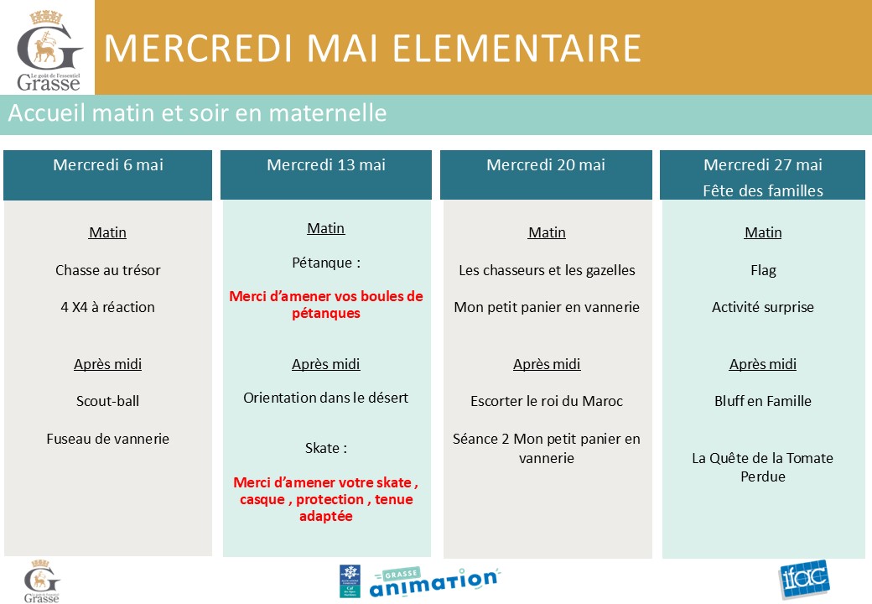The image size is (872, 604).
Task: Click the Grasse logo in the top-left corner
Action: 49,50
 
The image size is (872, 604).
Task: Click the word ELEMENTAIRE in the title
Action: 517,49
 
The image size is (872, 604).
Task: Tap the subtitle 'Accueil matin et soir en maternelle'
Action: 197,113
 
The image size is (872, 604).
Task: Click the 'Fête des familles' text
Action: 763,190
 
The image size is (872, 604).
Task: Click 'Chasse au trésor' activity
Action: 108,270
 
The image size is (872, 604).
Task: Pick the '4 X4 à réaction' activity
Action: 108,307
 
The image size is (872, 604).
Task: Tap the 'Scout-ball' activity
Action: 108,401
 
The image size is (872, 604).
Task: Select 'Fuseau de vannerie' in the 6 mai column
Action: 108,439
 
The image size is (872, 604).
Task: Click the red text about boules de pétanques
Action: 326,305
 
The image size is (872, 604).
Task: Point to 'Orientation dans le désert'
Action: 326,398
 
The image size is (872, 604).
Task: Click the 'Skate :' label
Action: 326,448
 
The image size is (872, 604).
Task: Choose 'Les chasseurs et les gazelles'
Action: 547,270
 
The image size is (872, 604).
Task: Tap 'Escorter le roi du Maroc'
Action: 547,401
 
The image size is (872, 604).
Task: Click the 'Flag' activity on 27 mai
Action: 763,271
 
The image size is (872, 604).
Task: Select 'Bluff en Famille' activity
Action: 763,401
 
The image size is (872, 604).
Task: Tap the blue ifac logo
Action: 804,579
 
